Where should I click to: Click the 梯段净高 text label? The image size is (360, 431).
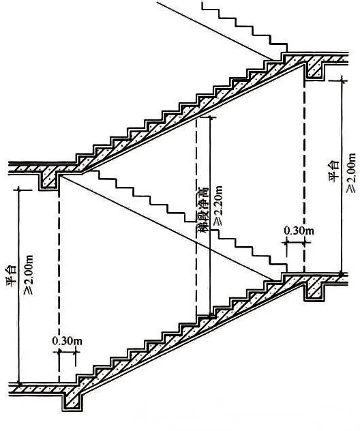202,210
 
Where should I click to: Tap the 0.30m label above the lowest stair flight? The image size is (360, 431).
67,341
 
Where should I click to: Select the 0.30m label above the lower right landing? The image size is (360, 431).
299,231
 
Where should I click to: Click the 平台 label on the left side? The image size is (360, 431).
12,276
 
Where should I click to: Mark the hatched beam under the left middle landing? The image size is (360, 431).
50,179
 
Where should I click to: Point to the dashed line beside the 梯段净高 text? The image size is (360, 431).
196,217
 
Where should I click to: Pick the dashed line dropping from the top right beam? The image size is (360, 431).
304,176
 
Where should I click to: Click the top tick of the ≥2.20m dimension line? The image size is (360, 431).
210,117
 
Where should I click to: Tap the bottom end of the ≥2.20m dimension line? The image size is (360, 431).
211,316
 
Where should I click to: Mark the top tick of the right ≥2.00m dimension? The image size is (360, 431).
342,80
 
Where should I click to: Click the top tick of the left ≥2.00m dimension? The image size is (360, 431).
18,189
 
